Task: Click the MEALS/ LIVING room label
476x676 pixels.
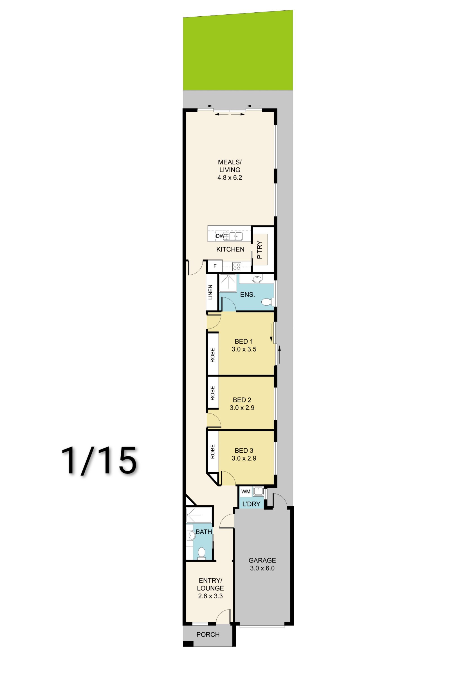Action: tap(230, 166)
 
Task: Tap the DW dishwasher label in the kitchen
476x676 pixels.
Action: tap(220, 236)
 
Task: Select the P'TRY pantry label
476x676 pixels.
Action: tap(259, 250)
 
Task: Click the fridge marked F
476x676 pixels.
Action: tap(215, 266)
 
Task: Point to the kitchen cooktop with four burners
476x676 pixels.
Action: tap(236, 267)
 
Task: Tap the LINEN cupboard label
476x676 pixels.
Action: tap(210, 292)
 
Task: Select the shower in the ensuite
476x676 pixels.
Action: tap(228, 283)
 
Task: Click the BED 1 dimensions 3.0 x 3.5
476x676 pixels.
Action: tap(244, 349)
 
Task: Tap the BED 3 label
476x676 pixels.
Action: tap(244, 450)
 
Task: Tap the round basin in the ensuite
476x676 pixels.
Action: tap(257, 279)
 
